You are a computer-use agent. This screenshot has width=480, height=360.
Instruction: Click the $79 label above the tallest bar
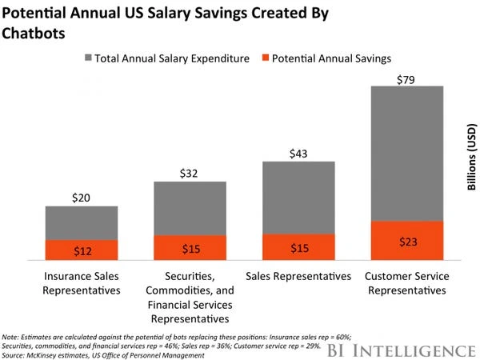click(x=406, y=77)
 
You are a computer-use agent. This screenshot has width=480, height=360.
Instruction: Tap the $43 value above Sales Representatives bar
click(x=298, y=152)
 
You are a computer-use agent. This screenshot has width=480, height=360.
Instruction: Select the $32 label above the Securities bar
click(x=190, y=172)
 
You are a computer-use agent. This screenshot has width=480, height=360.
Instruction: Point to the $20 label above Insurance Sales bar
click(x=82, y=198)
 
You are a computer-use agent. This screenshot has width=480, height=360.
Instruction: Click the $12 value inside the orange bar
click(x=82, y=251)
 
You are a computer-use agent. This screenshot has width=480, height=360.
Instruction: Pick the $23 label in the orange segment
click(x=406, y=242)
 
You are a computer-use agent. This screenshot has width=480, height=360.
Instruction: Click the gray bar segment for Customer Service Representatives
click(x=406, y=152)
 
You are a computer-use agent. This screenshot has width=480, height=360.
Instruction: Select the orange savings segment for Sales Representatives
click(x=298, y=247)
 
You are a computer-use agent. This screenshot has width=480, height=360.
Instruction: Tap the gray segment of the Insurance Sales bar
click(x=82, y=222)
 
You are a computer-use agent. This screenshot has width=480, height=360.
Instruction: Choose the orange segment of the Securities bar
click(x=190, y=248)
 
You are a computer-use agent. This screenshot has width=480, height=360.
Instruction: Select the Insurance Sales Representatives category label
click(x=82, y=283)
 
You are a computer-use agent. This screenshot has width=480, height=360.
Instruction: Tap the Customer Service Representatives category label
click(x=406, y=283)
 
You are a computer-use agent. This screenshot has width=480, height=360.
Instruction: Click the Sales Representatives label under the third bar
click(x=298, y=277)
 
